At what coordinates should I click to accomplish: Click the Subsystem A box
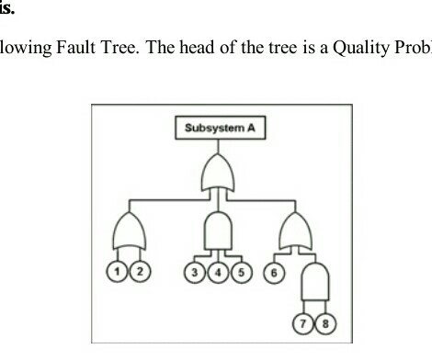point(220,129)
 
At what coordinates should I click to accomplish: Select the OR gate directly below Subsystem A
point(220,173)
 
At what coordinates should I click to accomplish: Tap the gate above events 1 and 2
point(129,231)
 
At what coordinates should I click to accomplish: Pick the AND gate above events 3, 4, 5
point(220,231)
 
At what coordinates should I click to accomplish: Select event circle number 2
point(139,273)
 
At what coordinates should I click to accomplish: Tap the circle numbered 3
point(195,273)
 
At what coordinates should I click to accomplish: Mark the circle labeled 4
point(220,273)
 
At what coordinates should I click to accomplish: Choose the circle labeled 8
point(324,325)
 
